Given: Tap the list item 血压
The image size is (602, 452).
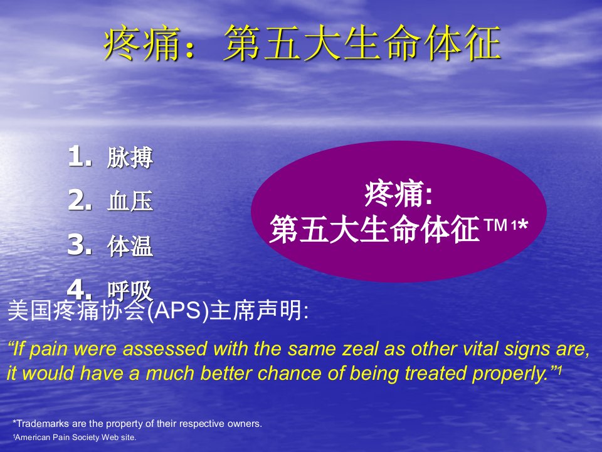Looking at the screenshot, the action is pyautogui.click(x=130, y=201).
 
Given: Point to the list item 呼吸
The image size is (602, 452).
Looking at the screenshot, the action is pyautogui.click(x=130, y=291).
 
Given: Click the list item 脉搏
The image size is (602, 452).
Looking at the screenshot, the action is pyautogui.click(x=130, y=157).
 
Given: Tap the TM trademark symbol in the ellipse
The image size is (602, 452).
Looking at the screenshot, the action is pyautogui.click(x=496, y=225).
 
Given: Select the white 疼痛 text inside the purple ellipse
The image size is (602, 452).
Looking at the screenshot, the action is pyautogui.click(x=394, y=193).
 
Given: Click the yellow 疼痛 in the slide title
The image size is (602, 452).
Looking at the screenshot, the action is pyautogui.click(x=142, y=43).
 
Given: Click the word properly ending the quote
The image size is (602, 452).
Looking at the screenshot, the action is pyautogui.click(x=510, y=374).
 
